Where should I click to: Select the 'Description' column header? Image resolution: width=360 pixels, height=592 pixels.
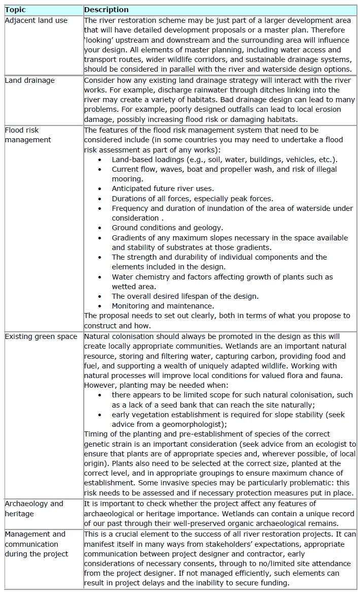tap(106, 10)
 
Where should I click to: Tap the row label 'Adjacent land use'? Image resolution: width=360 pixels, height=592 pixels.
tap(36, 20)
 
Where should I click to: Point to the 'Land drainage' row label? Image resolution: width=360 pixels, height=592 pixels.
tap(29, 80)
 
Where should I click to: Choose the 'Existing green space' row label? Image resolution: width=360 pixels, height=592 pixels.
tap(41, 336)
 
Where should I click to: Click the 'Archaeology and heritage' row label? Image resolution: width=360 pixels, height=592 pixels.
tap(34, 508)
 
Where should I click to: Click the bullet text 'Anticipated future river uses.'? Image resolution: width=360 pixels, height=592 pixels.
tap(162, 189)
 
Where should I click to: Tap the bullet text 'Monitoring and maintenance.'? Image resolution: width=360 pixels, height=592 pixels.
tap(162, 306)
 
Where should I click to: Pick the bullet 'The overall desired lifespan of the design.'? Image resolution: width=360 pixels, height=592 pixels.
tap(185, 296)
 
